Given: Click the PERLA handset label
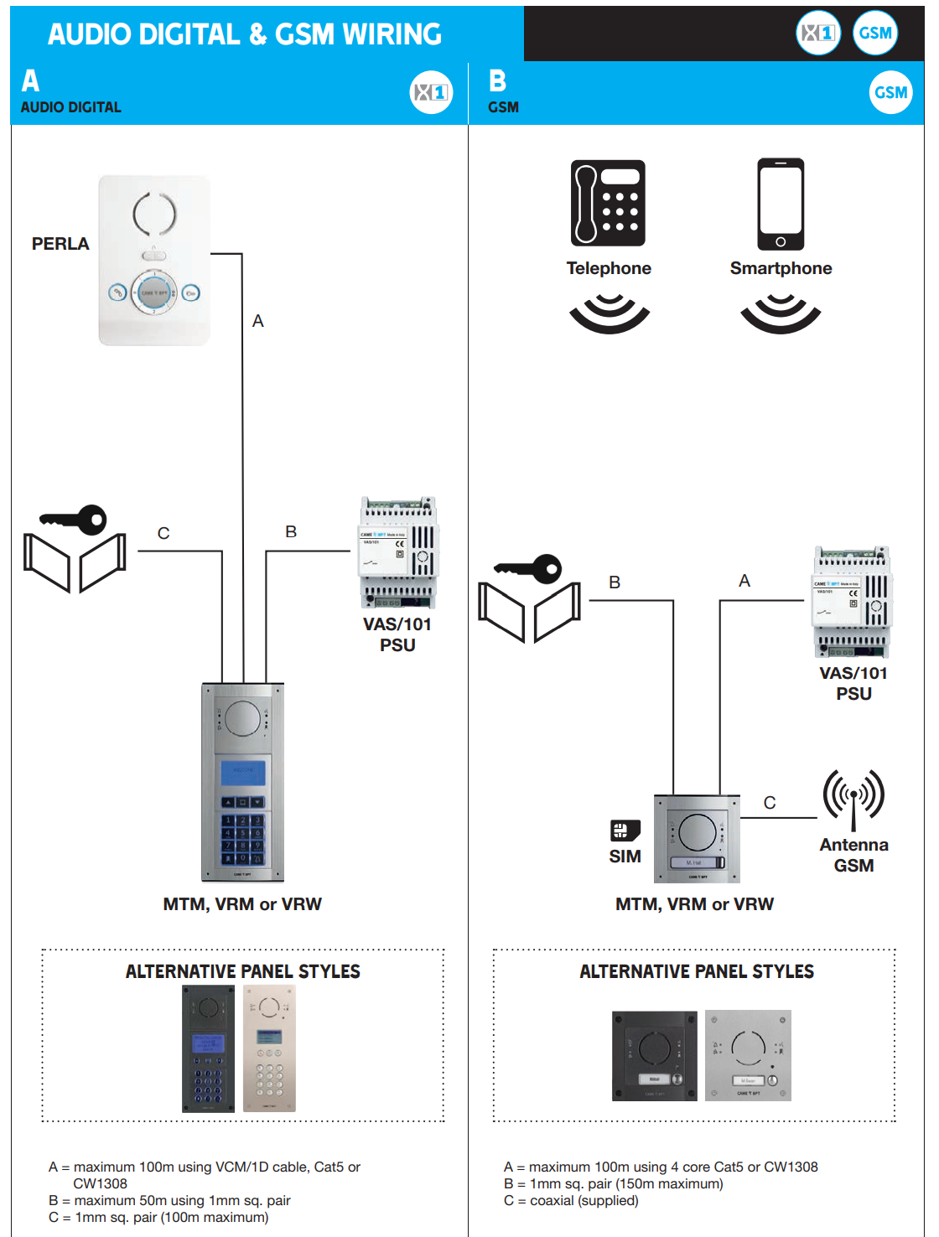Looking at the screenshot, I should click(x=60, y=244).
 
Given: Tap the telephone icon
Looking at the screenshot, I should click(x=608, y=203).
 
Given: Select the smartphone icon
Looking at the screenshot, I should click(x=781, y=204).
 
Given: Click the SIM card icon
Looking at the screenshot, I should click(x=625, y=831).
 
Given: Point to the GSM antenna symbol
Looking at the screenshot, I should click(x=853, y=797).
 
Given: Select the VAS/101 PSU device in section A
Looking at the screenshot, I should click(x=399, y=552).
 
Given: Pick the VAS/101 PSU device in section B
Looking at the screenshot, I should click(x=853, y=602).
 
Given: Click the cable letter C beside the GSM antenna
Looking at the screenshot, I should click(x=770, y=803).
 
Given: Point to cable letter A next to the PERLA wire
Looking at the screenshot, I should click(x=258, y=321).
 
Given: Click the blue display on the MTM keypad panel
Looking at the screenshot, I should click(x=242, y=773).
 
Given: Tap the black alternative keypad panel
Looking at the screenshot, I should click(x=209, y=1048).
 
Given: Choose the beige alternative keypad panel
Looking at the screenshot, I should click(x=269, y=1048).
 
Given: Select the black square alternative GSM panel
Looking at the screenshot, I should click(x=654, y=1055).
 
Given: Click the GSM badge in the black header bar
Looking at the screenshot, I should click(x=875, y=34).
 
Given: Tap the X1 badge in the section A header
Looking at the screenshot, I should click(x=431, y=92).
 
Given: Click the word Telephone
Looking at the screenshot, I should click(x=609, y=268).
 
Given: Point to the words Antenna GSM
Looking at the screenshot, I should click(x=853, y=855).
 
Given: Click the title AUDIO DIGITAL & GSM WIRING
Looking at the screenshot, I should click(x=245, y=34).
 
